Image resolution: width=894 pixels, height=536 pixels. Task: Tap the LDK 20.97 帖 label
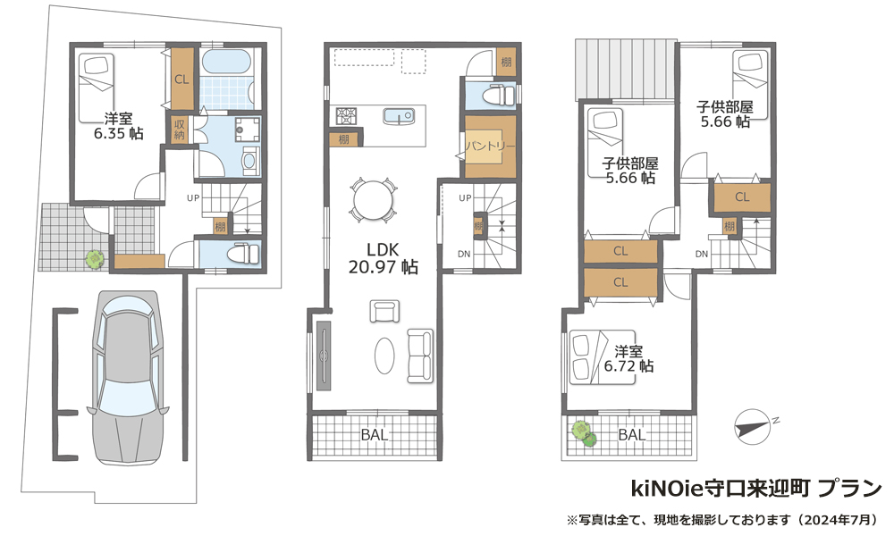point(384,258)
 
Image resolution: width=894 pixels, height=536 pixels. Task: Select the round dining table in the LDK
point(373,199)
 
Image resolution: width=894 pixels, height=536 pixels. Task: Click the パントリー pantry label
point(490,147)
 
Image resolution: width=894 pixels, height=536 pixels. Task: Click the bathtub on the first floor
point(227,63)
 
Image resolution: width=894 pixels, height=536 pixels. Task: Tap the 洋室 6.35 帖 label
point(119,126)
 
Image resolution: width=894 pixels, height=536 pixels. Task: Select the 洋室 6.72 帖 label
point(628,359)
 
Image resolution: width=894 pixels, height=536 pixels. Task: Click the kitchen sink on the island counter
point(398,115)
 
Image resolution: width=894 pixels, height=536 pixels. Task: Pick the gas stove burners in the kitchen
point(346,116)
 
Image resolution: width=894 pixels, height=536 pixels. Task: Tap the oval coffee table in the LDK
point(384,356)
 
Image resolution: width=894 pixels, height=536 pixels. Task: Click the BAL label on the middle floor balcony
point(375,435)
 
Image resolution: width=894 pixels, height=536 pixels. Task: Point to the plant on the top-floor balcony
point(584,432)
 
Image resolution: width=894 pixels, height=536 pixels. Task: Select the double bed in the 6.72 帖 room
point(602,357)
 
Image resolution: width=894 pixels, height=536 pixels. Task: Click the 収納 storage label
point(179,130)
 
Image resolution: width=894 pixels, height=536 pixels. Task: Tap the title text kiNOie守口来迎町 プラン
point(756,489)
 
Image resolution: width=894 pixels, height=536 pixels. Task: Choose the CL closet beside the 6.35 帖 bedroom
point(181,80)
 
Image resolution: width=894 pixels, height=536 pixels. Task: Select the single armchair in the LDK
point(384,312)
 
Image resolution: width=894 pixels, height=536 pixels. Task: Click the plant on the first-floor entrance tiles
point(95,259)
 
